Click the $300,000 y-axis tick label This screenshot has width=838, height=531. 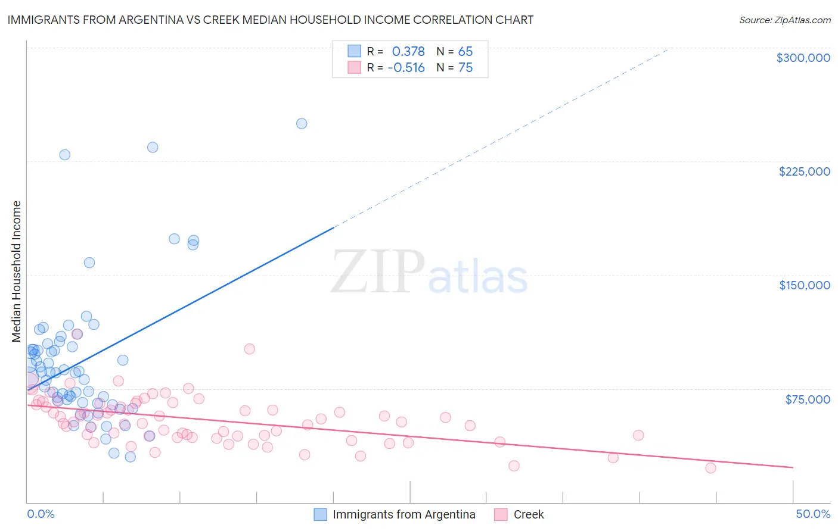pyautogui.click(x=803, y=58)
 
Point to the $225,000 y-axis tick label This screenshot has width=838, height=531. pyautogui.click(x=804, y=171)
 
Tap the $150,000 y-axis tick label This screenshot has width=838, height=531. pyautogui.click(x=804, y=285)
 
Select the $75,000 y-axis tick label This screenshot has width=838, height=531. pyautogui.click(x=808, y=399)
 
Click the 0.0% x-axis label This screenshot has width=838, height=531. pyautogui.click(x=41, y=514)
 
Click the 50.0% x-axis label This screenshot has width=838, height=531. pyautogui.click(x=813, y=514)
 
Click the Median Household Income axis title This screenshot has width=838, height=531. pyautogui.click(x=17, y=271)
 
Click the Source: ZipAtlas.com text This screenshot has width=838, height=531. pyautogui.click(x=784, y=20)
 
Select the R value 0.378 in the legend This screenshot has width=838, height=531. pyautogui.click(x=408, y=52)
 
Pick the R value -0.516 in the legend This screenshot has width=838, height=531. pyautogui.click(x=406, y=68)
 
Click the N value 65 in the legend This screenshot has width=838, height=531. pyautogui.click(x=465, y=52)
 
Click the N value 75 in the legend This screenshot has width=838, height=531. pyautogui.click(x=465, y=68)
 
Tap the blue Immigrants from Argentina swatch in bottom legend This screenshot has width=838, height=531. pyautogui.click(x=321, y=514)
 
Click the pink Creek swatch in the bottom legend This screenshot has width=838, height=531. pyautogui.click(x=501, y=514)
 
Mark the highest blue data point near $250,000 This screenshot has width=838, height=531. pyautogui.click(x=302, y=124)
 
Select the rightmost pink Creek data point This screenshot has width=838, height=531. pyautogui.click(x=710, y=468)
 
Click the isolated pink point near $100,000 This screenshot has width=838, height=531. pyautogui.click(x=250, y=349)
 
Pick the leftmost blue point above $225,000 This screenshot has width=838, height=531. pyautogui.click(x=64, y=155)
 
